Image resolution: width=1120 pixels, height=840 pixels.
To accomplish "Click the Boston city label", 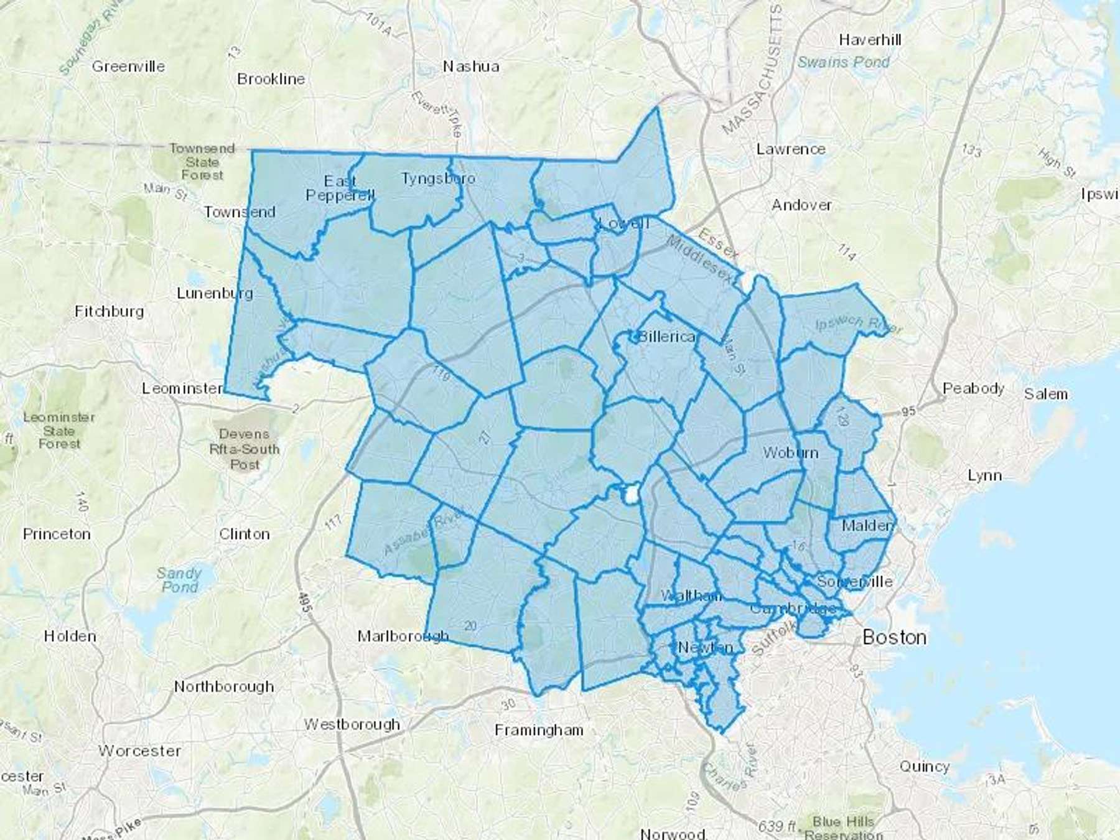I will (x=894, y=637).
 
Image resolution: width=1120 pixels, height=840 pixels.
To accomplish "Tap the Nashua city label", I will (x=470, y=67).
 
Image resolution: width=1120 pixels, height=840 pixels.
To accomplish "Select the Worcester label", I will (x=139, y=751).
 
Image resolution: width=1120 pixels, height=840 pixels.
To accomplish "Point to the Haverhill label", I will (x=869, y=40).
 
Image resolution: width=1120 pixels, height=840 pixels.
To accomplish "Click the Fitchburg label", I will (x=109, y=311).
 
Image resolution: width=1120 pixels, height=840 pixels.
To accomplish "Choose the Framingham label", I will (x=539, y=730).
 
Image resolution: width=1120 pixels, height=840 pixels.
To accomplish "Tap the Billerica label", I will (x=666, y=337).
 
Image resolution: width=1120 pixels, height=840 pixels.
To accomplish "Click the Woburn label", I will (x=790, y=452).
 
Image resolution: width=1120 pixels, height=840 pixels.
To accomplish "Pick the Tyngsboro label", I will (x=438, y=179).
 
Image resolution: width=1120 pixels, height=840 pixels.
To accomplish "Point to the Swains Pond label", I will (x=843, y=62).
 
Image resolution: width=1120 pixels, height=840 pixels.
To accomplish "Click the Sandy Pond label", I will (x=179, y=579).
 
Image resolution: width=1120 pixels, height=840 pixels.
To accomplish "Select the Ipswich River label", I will (x=858, y=324).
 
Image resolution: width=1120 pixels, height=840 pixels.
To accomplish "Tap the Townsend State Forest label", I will (x=202, y=162).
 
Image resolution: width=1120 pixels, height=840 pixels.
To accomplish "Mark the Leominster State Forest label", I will (x=59, y=431).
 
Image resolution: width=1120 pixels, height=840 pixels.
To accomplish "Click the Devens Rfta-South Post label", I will (x=245, y=449).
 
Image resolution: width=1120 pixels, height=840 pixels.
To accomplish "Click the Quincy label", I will (x=924, y=767).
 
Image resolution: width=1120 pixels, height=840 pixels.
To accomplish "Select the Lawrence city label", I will (x=790, y=149).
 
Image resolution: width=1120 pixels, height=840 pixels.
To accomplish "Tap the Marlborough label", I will (x=403, y=637).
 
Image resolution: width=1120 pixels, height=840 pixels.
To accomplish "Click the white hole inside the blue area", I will (x=631, y=495).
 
